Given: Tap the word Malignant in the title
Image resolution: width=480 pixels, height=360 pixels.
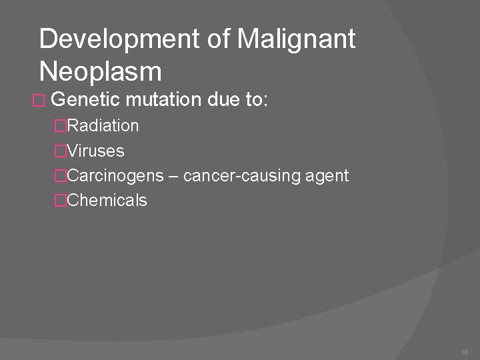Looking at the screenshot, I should (x=296, y=39).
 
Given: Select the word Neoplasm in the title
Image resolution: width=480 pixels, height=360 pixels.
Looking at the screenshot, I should (x=101, y=70).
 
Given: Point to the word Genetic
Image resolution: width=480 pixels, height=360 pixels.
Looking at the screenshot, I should (x=85, y=100).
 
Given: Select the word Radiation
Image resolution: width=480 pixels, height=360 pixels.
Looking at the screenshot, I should (x=103, y=125).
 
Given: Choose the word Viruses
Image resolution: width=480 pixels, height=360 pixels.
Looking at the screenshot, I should (x=96, y=151).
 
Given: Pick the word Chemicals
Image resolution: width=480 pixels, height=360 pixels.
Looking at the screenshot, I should (x=107, y=201).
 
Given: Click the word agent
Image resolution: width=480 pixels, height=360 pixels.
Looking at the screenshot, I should (x=325, y=176).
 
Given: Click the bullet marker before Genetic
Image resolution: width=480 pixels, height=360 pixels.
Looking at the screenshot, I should (x=39, y=101).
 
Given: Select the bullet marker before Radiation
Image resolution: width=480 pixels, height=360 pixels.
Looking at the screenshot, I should (x=61, y=125).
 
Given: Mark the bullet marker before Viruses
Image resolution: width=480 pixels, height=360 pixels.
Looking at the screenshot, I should (x=61, y=151).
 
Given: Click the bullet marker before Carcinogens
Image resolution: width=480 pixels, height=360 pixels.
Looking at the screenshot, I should (x=61, y=176).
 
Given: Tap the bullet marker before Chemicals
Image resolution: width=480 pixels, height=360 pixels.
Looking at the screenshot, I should (x=61, y=201).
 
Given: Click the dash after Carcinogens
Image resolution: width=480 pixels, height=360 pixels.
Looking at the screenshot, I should (x=173, y=176).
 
